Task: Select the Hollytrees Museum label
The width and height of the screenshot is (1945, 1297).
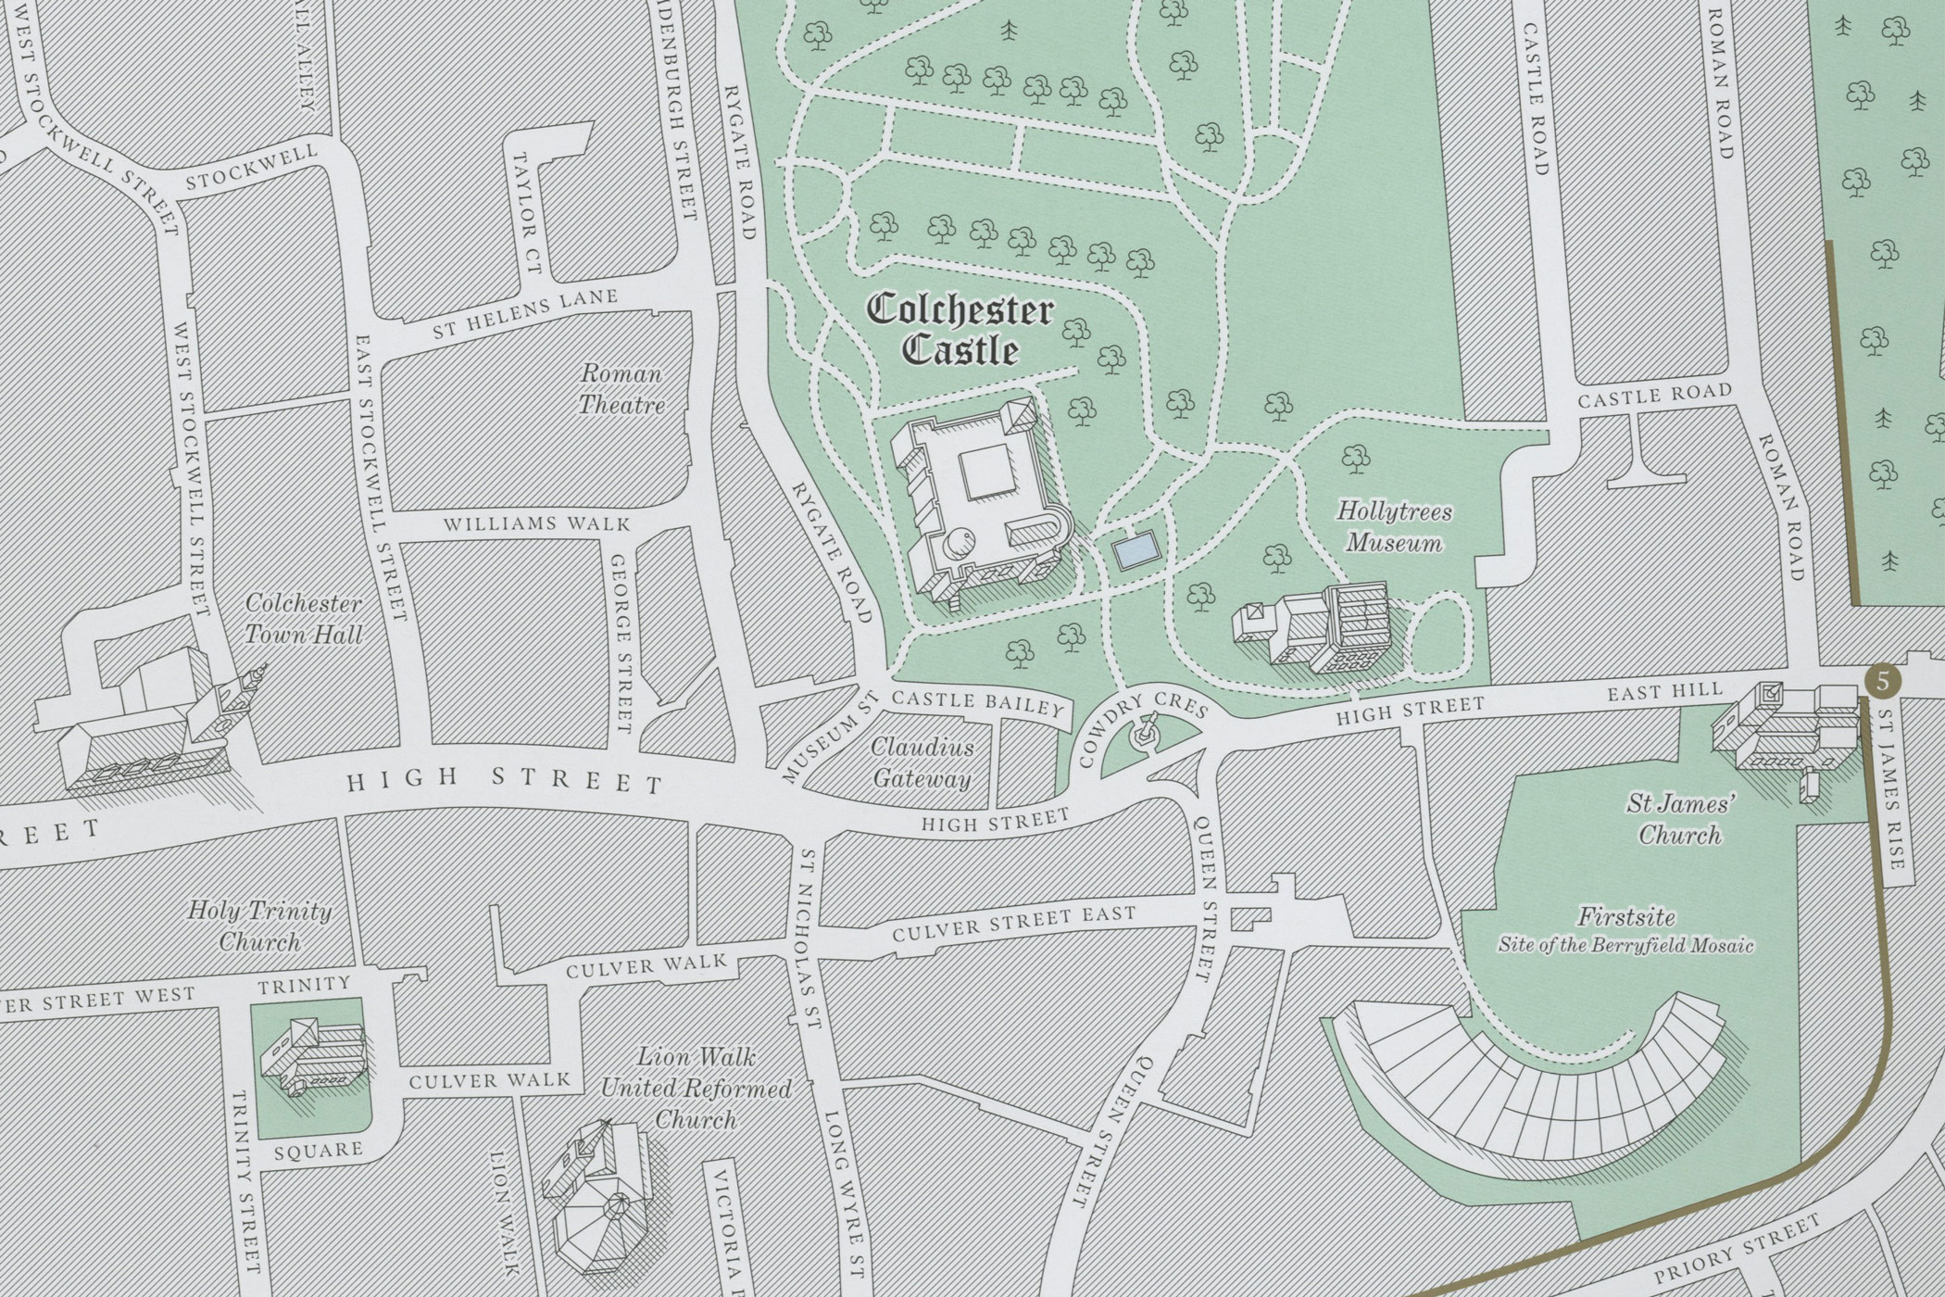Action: click(1394, 527)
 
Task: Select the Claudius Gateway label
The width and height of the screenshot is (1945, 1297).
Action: click(922, 762)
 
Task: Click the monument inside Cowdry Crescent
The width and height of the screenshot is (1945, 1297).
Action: click(1146, 730)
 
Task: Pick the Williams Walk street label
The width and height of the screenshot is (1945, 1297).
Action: click(536, 524)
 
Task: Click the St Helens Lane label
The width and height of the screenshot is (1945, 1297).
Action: click(525, 315)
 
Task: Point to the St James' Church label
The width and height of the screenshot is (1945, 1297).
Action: click(1679, 818)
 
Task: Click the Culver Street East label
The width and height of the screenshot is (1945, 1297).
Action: click(1013, 925)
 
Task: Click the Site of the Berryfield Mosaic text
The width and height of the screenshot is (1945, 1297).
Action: click(1626, 946)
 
